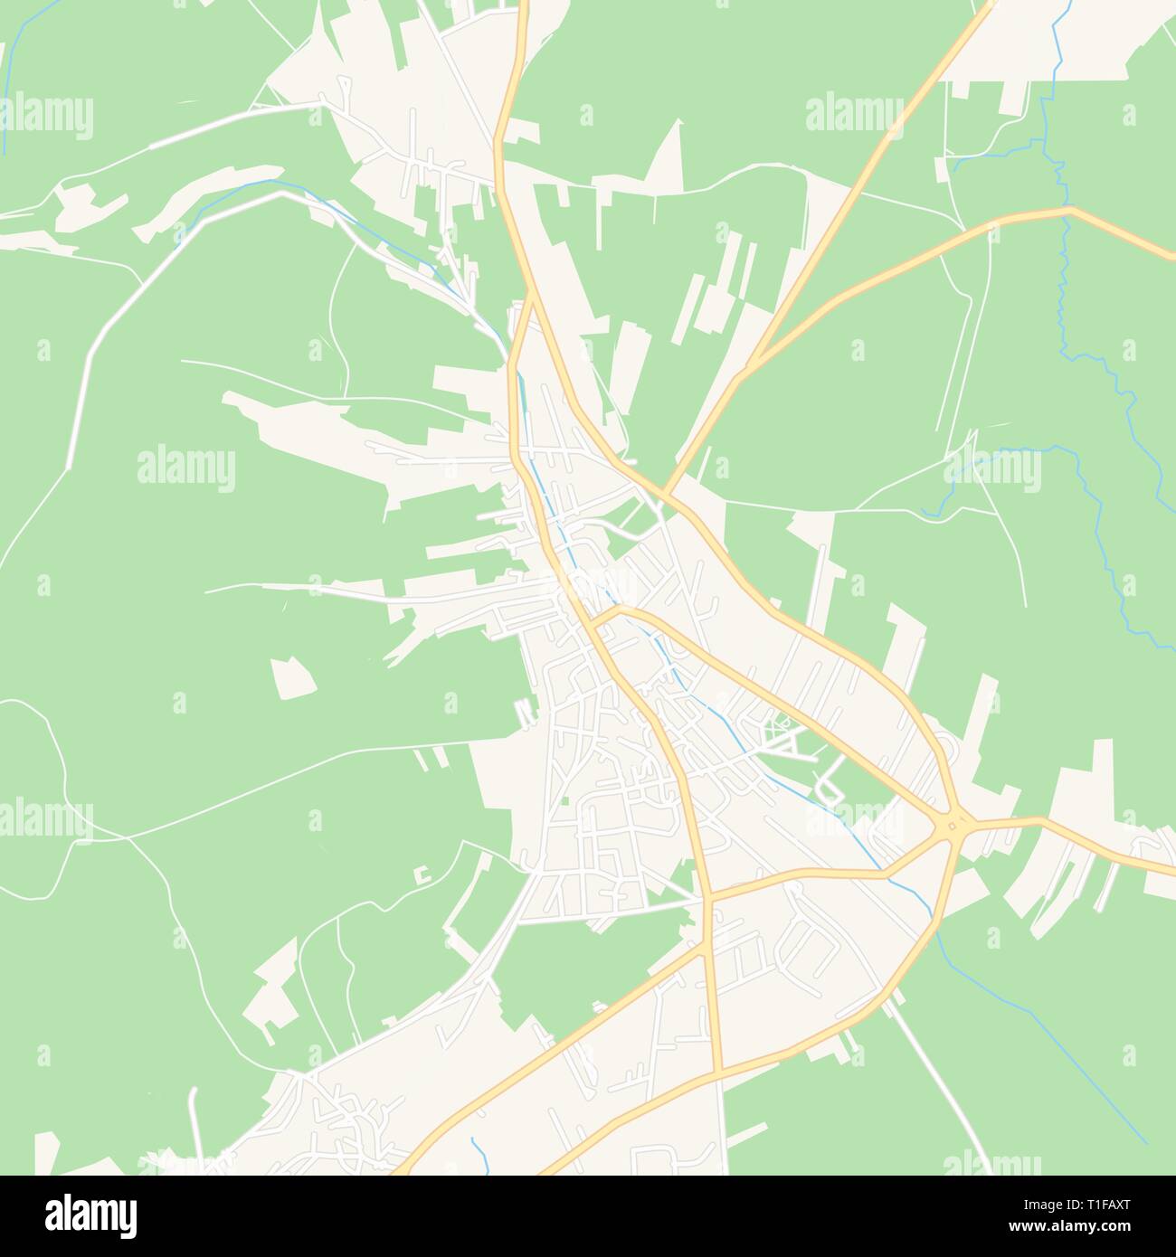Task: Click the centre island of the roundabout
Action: [x=953, y=824]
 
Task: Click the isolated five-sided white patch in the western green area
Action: [x=291, y=677]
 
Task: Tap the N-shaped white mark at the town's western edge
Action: [x=522, y=712]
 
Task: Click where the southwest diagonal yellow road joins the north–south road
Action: [x=705, y=946]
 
